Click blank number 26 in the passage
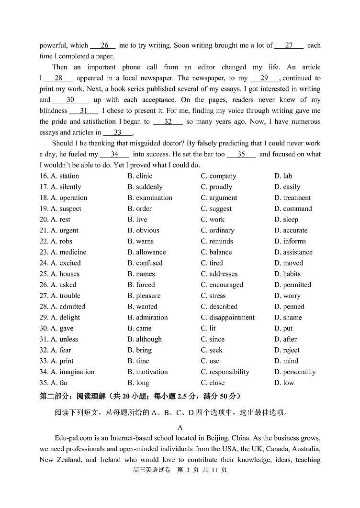[x=104, y=45]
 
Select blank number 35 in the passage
[x=241, y=155]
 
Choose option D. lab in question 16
[x=283, y=176]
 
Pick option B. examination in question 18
[x=149, y=198]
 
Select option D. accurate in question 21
[x=291, y=231]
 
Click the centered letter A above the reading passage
[x=180, y=428]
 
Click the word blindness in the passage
[x=53, y=111]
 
